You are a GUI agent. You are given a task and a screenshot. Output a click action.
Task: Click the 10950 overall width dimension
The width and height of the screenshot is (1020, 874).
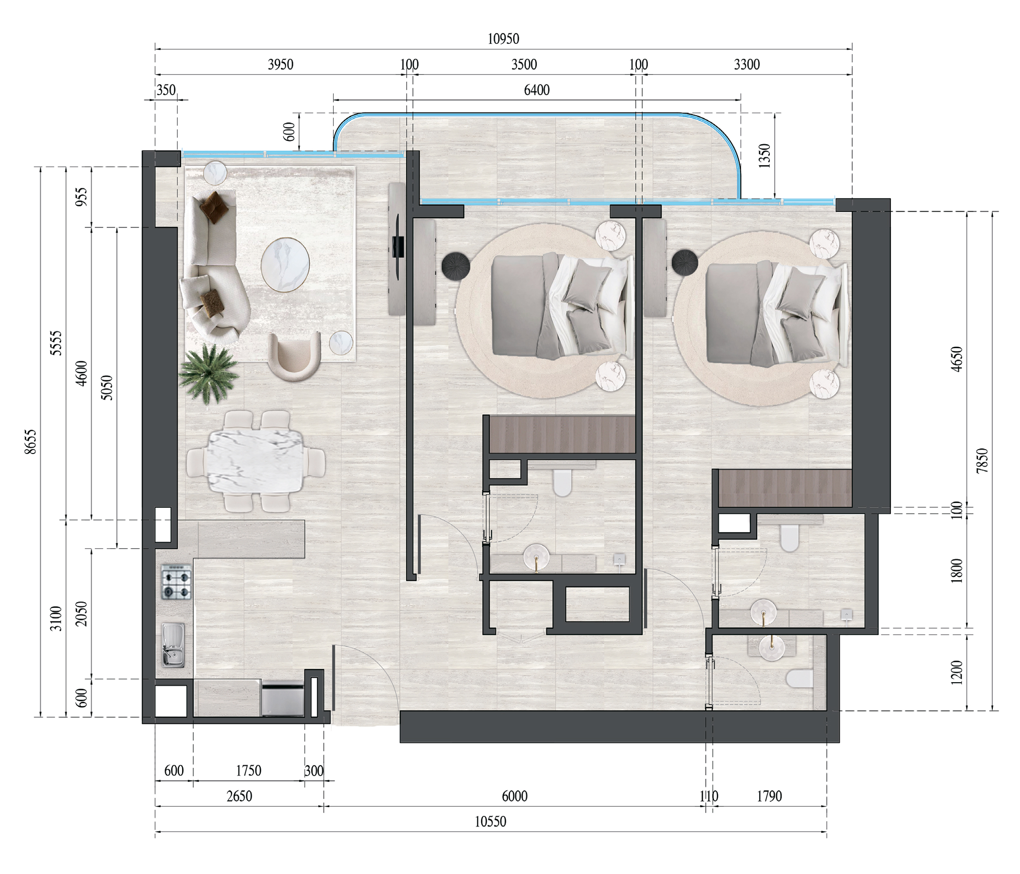click(x=503, y=39)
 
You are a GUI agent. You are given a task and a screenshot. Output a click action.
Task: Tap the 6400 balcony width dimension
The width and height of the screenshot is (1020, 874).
click(x=537, y=90)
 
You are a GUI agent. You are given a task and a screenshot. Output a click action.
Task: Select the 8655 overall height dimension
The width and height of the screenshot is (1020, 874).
click(x=31, y=441)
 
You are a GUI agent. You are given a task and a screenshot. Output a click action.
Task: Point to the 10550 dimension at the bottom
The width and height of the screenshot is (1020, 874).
click(x=490, y=822)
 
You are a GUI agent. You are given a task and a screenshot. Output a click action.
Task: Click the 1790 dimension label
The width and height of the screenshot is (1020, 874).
click(x=769, y=796)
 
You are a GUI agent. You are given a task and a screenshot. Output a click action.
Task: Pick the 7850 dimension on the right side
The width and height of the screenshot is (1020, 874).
click(x=982, y=461)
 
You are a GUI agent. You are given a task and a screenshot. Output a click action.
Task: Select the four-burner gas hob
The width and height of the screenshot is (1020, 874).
click(x=176, y=582)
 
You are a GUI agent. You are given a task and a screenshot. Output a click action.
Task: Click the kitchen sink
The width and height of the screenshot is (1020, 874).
click(x=173, y=645)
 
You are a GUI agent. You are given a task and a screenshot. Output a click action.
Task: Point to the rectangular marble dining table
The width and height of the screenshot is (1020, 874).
click(x=255, y=462)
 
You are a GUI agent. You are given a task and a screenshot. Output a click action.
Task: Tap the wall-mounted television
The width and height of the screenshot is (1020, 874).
click(x=398, y=246)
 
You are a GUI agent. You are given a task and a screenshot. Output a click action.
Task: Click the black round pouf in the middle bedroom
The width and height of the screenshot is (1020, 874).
click(x=456, y=266)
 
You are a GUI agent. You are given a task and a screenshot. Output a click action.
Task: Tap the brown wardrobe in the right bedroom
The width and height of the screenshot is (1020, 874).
click(x=785, y=488)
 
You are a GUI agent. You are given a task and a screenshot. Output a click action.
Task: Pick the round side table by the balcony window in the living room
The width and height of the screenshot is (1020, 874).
click(x=215, y=173)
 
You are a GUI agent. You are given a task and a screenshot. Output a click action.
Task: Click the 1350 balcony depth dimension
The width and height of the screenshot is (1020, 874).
click(x=765, y=156)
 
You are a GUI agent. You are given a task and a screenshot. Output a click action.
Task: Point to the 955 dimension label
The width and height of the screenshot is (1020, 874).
click(x=82, y=197)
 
